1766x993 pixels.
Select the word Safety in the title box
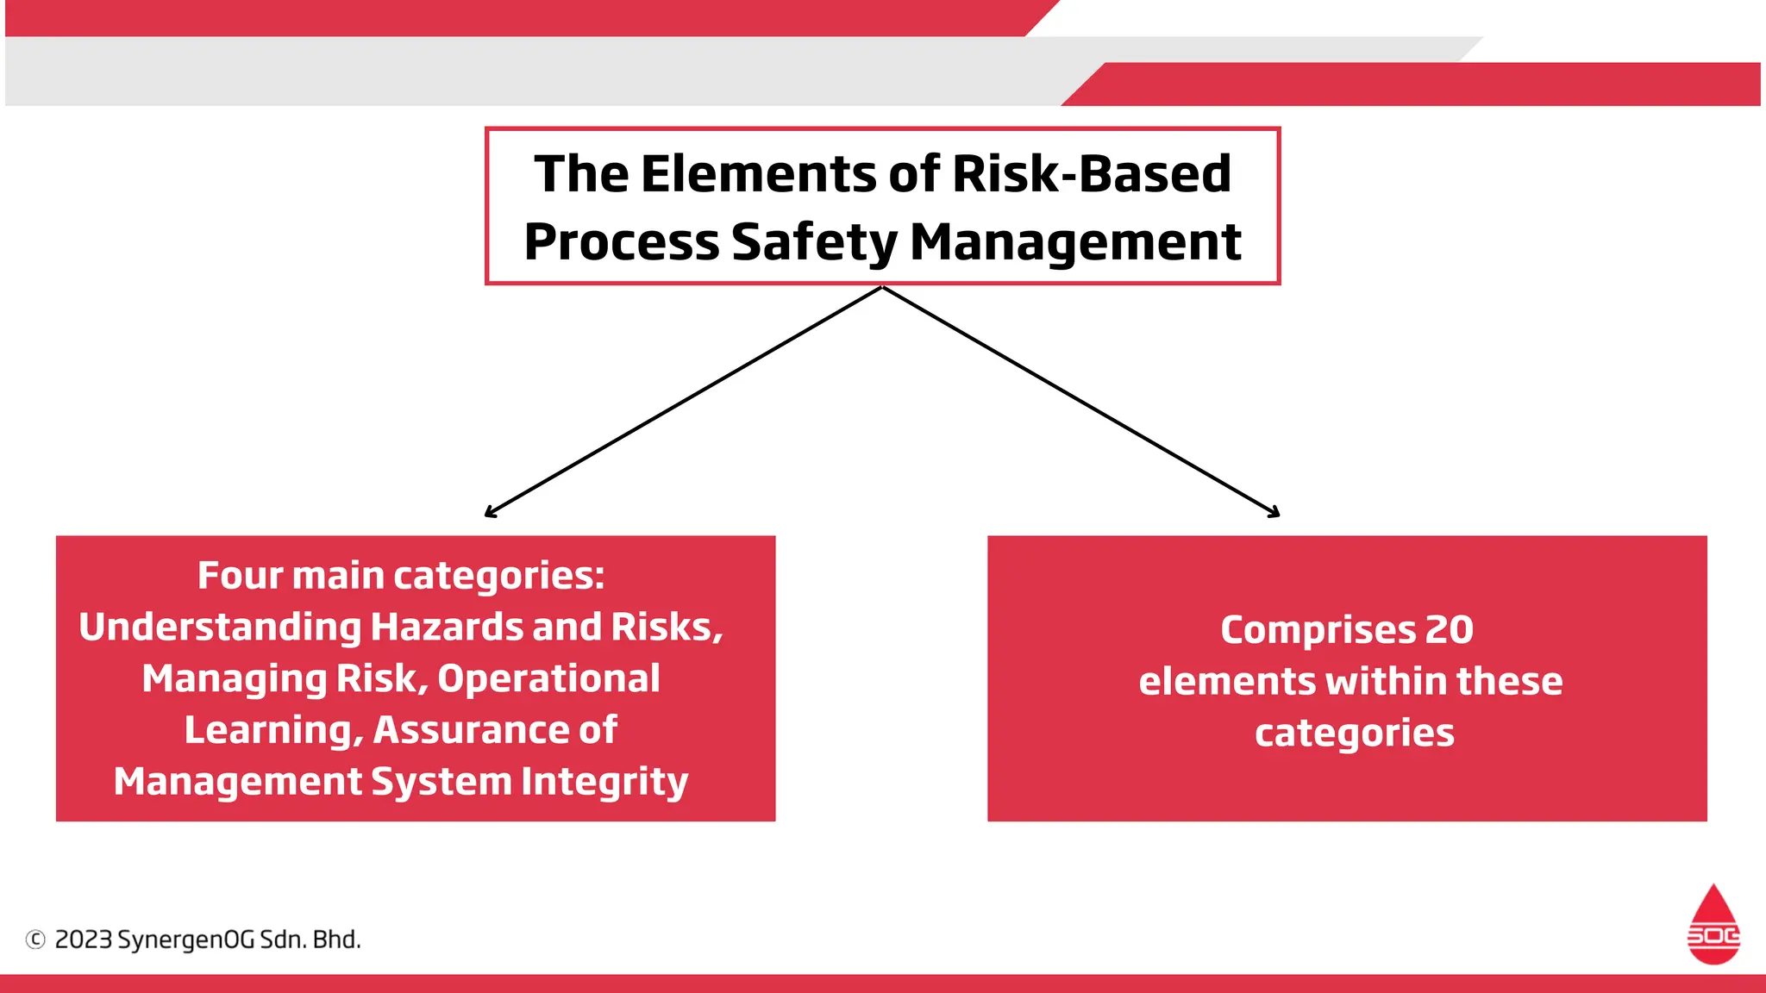(814, 242)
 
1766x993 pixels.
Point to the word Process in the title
(621, 242)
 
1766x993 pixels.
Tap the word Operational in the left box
(548, 679)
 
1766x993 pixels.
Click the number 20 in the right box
(1449, 630)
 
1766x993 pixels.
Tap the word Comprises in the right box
(1317, 631)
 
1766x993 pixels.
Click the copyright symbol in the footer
(35, 940)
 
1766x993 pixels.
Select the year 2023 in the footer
(83, 940)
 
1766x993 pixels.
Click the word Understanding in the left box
(219, 628)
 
